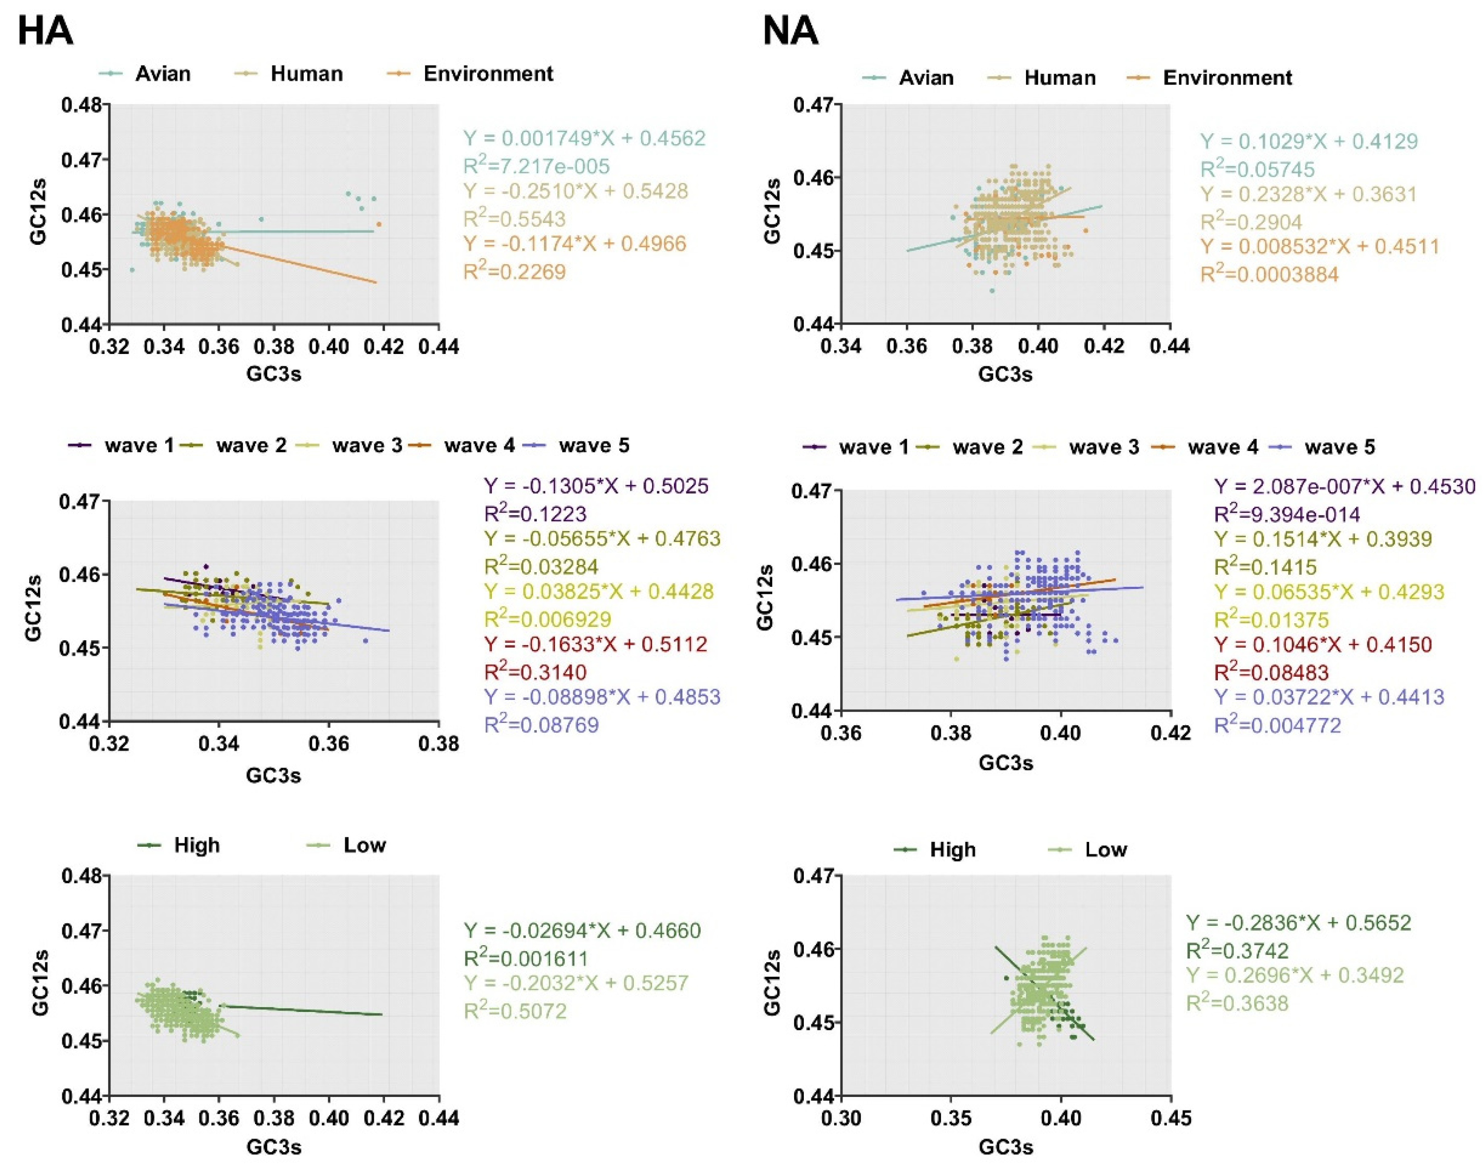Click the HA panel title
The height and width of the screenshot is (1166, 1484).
tap(45, 32)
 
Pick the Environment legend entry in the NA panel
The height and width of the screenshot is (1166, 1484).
tap(1227, 78)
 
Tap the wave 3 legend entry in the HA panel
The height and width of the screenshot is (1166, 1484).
tap(367, 446)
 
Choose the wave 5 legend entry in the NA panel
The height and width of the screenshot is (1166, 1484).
tap(1338, 447)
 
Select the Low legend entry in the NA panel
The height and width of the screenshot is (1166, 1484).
tap(1106, 850)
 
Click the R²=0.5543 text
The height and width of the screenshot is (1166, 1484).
tap(515, 219)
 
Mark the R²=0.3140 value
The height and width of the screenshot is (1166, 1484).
tap(535, 672)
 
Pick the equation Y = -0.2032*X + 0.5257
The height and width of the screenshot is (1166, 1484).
tap(576, 983)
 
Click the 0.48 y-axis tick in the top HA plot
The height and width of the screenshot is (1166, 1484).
tap(81, 105)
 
